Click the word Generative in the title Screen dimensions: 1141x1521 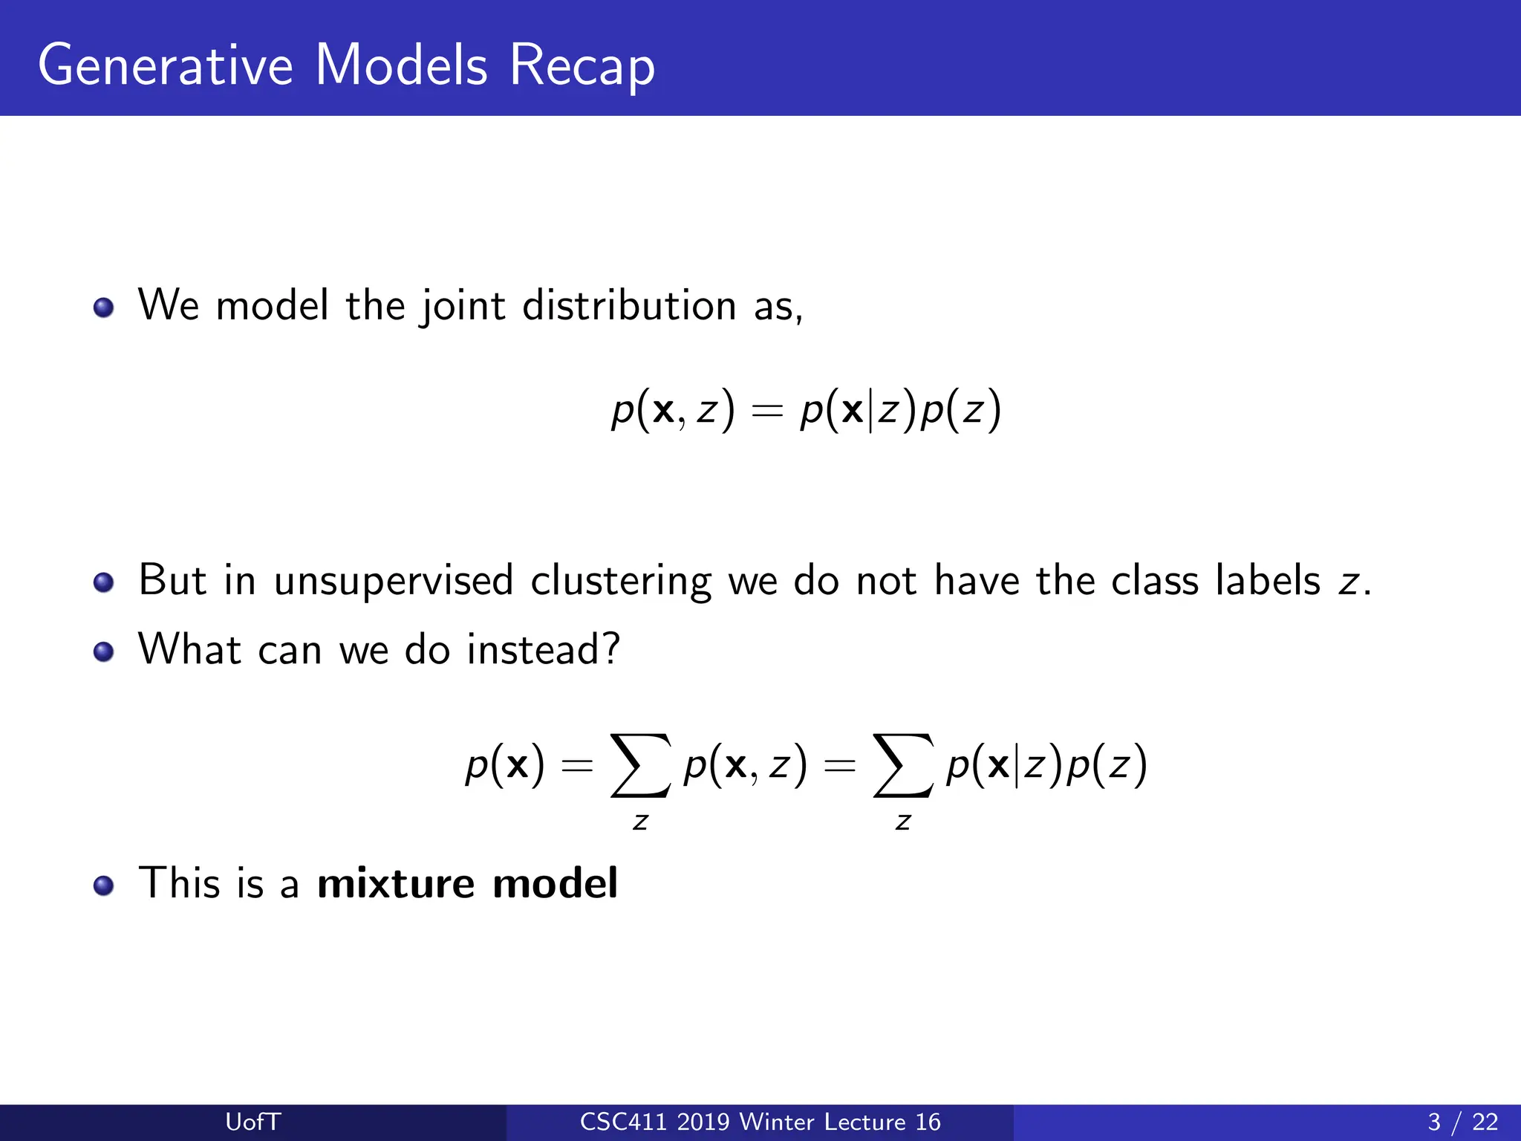tap(165, 65)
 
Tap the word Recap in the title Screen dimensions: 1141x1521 tap(582, 65)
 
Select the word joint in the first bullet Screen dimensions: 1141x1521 tap(463, 305)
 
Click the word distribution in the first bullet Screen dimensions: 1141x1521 tap(629, 305)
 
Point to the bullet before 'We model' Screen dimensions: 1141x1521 tap(104, 307)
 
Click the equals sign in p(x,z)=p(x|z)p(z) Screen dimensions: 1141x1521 tap(767, 411)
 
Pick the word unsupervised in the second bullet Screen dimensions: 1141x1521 tap(393, 580)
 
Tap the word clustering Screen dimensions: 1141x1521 tap(621, 580)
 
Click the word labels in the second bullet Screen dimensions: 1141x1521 tap(1268, 580)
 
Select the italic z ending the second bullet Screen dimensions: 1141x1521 tap(1347, 583)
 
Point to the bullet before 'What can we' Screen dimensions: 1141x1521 tap(104, 651)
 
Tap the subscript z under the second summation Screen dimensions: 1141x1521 tap(902, 822)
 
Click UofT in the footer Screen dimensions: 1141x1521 tap(253, 1122)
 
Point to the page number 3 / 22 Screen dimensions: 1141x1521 tap(1462, 1122)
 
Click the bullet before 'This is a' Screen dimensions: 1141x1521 tap(104, 885)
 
